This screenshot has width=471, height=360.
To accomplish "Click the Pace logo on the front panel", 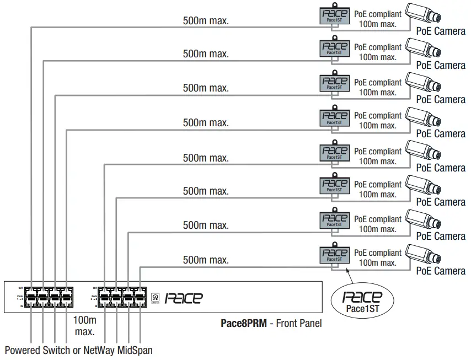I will click(x=184, y=298).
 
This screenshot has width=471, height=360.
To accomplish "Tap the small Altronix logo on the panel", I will click(x=155, y=298).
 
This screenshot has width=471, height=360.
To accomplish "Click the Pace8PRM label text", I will click(x=243, y=323).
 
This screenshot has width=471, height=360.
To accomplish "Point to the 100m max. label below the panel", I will click(x=84, y=326).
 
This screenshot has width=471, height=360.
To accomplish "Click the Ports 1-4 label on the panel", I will click(x=20, y=297).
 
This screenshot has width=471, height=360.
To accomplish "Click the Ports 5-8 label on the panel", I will click(x=94, y=297).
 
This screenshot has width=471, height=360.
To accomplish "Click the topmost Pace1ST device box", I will click(x=335, y=15).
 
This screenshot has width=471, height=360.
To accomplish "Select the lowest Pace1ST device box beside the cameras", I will click(x=335, y=255).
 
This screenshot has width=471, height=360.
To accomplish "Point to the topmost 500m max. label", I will click(x=206, y=21).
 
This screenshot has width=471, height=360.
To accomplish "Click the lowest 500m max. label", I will click(x=206, y=260).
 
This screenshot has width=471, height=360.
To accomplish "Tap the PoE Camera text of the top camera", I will click(x=441, y=31).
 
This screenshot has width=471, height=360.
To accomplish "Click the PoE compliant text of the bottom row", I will click(x=378, y=253).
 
